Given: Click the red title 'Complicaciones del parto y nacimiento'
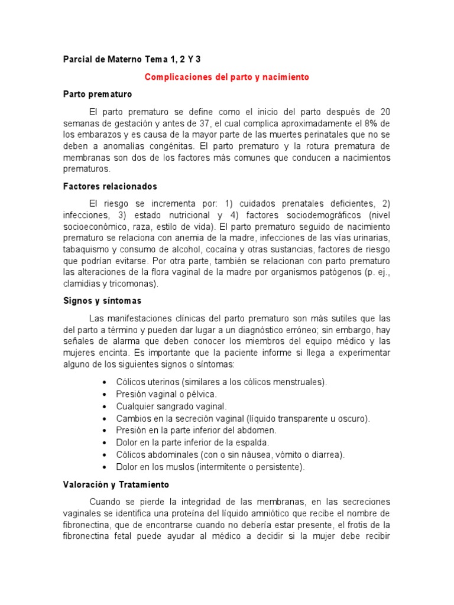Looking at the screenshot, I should point(227,77).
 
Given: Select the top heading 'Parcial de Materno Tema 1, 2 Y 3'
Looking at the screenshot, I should point(136,60).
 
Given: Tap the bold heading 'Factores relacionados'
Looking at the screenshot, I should point(110,186).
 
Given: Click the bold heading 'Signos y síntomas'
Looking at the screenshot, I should point(102,301).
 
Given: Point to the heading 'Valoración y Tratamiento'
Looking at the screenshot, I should point(116,484).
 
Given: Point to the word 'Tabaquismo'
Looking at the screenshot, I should point(86,249).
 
